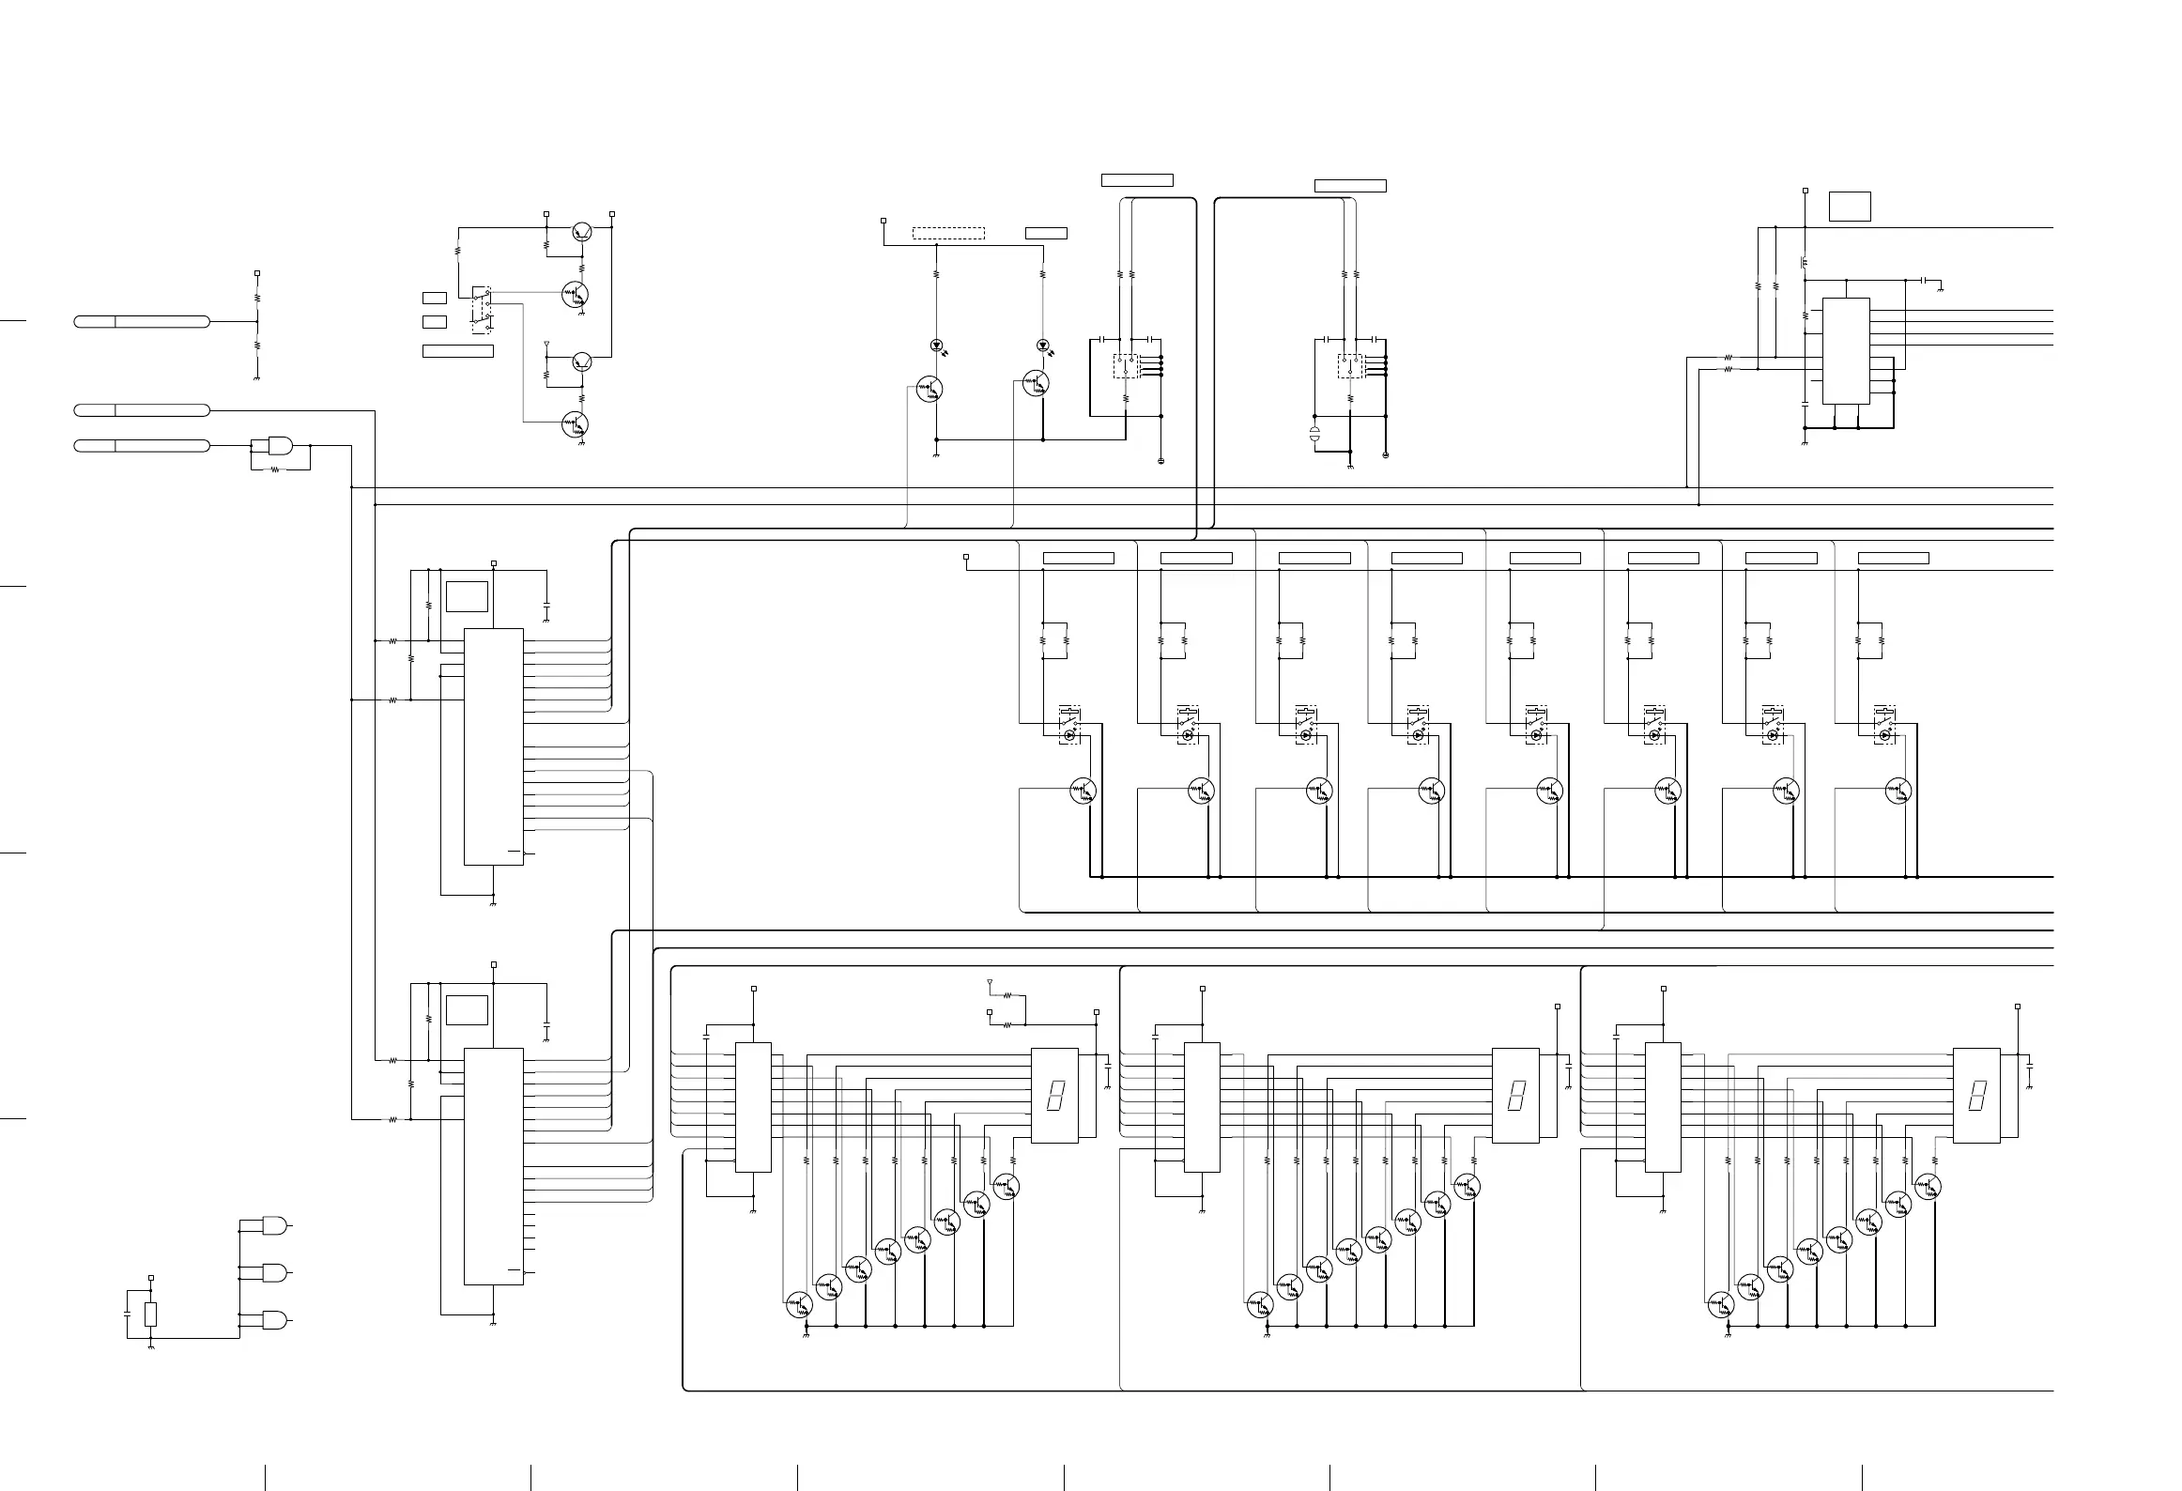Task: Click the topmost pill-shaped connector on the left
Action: [142, 322]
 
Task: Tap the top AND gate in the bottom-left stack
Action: [275, 1226]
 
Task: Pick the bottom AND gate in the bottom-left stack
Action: [275, 1320]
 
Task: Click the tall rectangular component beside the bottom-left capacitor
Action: [151, 1314]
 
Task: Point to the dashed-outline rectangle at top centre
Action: [948, 233]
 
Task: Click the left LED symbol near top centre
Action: [936, 346]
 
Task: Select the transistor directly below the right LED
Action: [1036, 383]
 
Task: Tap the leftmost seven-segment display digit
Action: [1055, 1096]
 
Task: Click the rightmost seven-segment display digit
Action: [1977, 1096]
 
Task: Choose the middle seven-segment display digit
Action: [1515, 1096]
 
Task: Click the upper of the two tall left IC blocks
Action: [494, 746]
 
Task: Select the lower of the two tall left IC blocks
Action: [494, 1166]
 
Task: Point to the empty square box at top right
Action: [1850, 207]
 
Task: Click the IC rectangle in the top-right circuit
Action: [1846, 351]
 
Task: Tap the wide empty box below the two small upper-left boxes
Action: [458, 351]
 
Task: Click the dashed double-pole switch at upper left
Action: [482, 311]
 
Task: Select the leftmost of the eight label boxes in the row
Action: [1079, 559]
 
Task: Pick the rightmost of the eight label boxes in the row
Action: [1894, 559]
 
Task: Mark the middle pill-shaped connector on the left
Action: [142, 410]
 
